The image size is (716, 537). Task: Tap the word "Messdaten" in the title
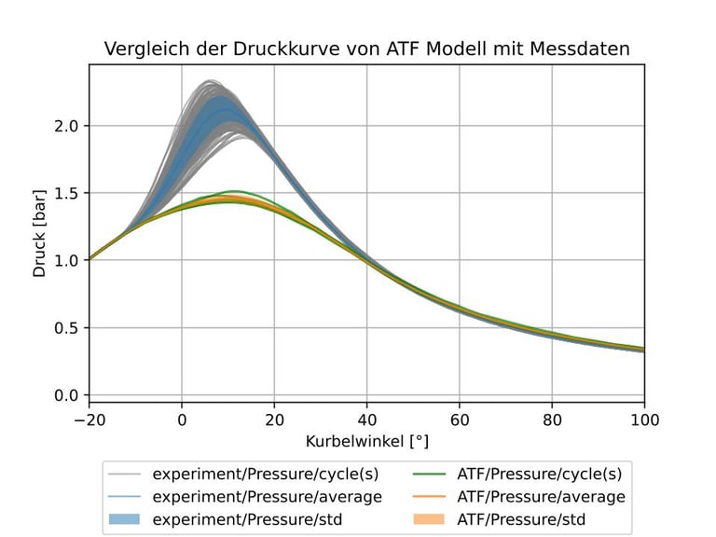coord(583,48)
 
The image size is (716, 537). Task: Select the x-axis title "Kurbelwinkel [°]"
coord(367,439)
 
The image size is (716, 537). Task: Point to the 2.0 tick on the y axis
coord(65,126)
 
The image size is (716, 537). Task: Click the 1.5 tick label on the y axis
coord(65,193)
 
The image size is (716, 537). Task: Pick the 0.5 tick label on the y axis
coord(65,328)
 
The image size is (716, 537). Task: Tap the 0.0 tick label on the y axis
coord(65,395)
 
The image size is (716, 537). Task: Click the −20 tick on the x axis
coord(90,419)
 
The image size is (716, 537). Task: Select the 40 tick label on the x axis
coord(367,419)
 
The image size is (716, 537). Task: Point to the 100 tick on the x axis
coord(644,419)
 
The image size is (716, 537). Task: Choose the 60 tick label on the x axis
coord(460,419)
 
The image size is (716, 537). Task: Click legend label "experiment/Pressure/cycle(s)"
coord(267,473)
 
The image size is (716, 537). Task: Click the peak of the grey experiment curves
coord(211,81)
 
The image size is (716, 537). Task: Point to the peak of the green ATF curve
coord(235,191)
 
